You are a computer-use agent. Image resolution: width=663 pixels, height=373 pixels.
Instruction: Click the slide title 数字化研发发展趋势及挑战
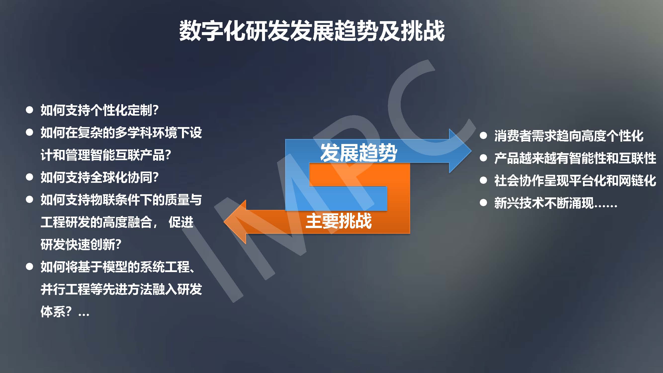312,31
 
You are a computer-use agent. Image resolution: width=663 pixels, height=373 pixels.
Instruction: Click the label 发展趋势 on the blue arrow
358,153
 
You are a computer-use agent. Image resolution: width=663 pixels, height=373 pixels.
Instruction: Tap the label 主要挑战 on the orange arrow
338,221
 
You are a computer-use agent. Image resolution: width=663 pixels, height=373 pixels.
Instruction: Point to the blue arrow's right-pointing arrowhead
460,151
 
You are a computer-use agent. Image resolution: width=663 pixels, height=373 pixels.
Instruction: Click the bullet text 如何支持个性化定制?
100,110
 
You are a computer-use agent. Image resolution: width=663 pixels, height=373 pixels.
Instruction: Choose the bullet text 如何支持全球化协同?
100,177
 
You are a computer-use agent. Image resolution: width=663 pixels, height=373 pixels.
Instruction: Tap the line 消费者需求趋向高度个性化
569,136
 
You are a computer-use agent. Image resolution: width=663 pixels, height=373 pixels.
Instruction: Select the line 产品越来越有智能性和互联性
575,158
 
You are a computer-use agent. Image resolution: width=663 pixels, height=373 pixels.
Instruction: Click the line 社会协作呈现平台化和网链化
575,181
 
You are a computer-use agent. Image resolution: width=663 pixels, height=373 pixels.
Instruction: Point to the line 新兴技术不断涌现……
556,203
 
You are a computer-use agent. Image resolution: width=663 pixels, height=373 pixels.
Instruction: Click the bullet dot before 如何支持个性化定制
30,110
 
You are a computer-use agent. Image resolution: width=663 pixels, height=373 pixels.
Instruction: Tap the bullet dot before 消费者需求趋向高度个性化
483,136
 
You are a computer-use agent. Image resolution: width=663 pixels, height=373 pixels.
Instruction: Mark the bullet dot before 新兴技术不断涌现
483,203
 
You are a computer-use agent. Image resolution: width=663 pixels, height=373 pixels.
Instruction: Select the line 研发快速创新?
81,244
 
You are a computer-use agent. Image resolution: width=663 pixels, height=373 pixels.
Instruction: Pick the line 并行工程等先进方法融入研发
121,289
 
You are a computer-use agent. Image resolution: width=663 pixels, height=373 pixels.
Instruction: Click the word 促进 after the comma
181,222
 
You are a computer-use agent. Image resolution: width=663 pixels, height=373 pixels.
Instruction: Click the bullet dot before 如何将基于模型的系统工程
30,267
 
